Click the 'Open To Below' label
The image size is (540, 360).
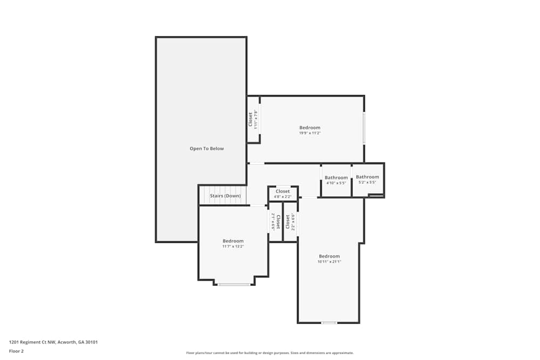pyautogui.click(x=206, y=148)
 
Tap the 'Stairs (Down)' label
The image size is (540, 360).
pyautogui.click(x=225, y=195)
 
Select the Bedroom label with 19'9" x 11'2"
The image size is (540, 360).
pyautogui.click(x=310, y=127)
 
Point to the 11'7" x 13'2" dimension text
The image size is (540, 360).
pyautogui.click(x=233, y=247)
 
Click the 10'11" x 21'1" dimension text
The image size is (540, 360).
pyautogui.click(x=329, y=262)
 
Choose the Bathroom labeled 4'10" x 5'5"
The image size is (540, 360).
pyautogui.click(x=336, y=178)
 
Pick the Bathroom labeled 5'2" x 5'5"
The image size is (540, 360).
pyautogui.click(x=367, y=176)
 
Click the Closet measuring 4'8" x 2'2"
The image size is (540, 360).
pyautogui.click(x=282, y=192)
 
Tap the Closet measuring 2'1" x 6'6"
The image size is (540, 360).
pyautogui.click(x=273, y=221)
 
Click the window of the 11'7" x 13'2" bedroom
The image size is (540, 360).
pyautogui.click(x=234, y=284)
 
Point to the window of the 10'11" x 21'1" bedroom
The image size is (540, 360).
pyautogui.click(x=329, y=323)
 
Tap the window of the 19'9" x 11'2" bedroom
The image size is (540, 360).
pyautogui.click(x=364, y=128)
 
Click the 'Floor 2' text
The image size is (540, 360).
pyautogui.click(x=16, y=351)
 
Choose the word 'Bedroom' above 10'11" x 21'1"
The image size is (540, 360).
pyautogui.click(x=329, y=256)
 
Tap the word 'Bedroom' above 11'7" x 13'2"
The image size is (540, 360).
pyautogui.click(x=233, y=241)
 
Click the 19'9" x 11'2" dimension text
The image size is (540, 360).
pyautogui.click(x=310, y=133)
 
